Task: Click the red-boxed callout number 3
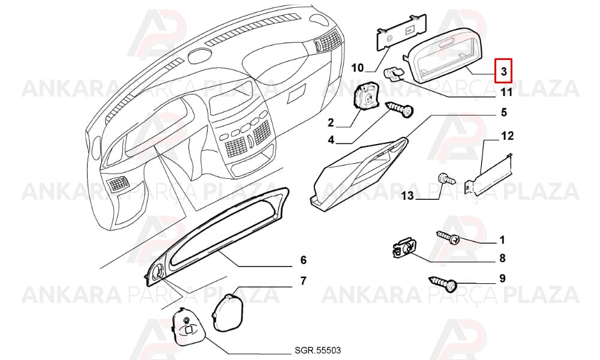tap(503, 71)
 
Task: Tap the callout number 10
tap(358, 68)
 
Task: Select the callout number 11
tap(506, 92)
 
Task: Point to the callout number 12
tap(508, 136)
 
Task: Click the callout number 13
tap(408, 196)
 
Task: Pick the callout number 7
tap(303, 281)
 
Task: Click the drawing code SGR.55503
tap(317, 350)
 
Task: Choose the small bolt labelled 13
tap(447, 178)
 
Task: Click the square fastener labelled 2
tap(365, 98)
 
